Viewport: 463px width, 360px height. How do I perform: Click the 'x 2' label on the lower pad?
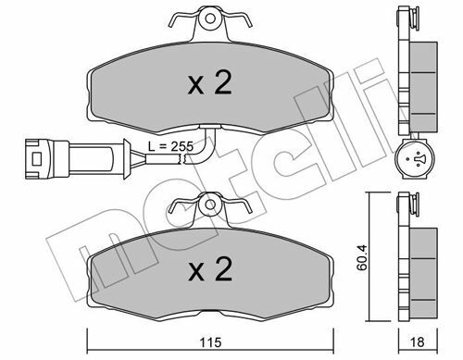point(210,269)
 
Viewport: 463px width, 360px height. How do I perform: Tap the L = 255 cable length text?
point(170,146)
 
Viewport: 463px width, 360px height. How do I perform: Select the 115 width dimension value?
point(210,342)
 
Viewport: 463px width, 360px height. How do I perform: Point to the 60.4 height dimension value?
point(361,257)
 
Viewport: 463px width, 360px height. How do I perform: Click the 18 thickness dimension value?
point(418,342)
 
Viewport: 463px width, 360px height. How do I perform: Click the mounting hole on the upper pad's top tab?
point(210,19)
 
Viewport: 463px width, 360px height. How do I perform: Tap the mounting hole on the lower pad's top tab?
point(210,205)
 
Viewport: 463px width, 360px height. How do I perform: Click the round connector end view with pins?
point(415,159)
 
